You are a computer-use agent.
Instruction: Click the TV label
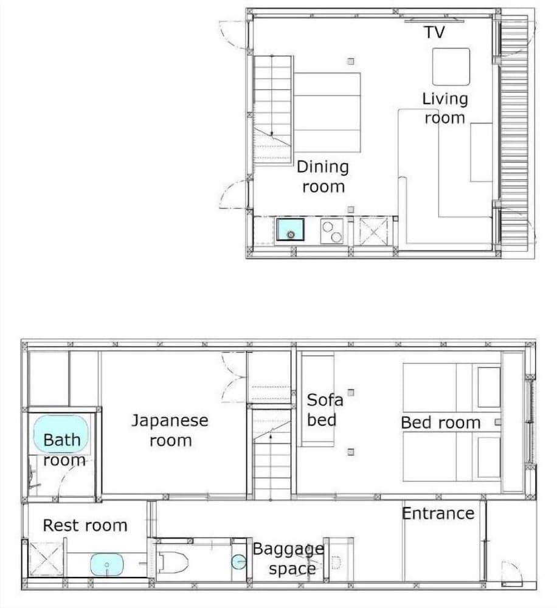point(434,32)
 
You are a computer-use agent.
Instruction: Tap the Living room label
point(445,108)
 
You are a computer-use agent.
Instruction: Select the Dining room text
point(323,177)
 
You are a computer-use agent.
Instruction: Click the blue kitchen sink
point(290,230)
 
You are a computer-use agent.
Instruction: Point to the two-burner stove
point(332,231)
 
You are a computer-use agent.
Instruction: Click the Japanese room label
point(170,430)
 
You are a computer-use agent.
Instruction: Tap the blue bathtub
point(61,434)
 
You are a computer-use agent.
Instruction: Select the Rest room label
point(85,525)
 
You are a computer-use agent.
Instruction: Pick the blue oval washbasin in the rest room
point(107,565)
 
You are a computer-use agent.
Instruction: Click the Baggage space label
point(288,559)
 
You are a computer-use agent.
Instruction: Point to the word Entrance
point(438,513)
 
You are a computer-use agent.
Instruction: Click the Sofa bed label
point(324,409)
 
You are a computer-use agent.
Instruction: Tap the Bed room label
point(440,423)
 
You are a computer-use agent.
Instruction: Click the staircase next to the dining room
point(272,109)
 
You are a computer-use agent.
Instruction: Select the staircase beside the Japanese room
point(272,453)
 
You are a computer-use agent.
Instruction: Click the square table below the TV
point(451,67)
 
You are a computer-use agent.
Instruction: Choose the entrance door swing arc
point(511,573)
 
